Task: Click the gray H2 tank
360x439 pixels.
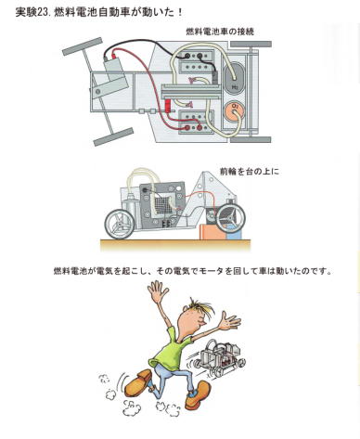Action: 235,78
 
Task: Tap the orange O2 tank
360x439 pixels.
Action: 236,110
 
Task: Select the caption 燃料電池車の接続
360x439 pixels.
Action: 220,32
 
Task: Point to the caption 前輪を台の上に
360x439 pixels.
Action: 250,171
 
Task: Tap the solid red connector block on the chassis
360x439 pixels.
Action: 168,106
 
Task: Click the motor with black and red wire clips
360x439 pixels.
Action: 114,73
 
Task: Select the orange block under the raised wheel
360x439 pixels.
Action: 213,232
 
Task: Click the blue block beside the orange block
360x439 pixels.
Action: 234,235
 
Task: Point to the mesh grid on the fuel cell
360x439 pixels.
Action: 162,205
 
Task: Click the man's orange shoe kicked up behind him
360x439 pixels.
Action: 138,381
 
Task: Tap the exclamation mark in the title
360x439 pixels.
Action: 179,12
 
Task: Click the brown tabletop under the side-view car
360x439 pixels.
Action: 175,244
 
